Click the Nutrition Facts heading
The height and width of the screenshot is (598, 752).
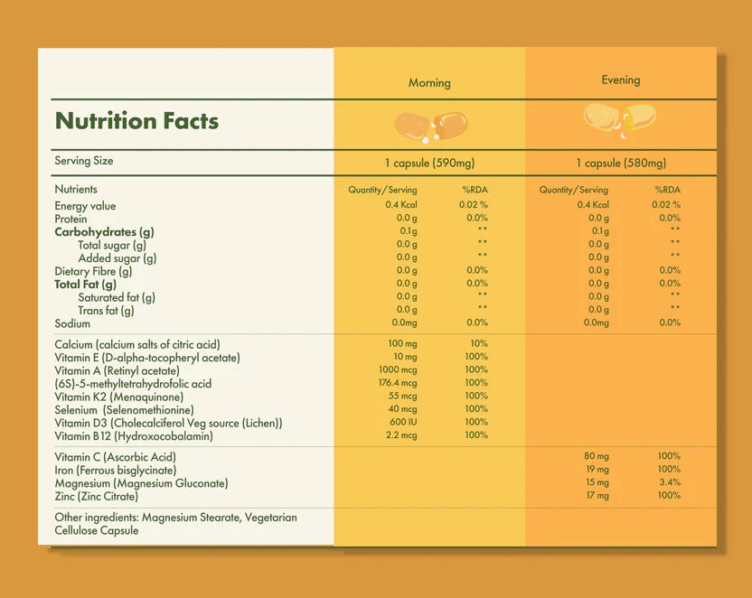pos(136,121)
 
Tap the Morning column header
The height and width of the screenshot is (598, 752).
pos(429,83)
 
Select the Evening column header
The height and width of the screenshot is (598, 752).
pos(621,80)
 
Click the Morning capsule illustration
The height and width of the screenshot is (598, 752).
pos(430,126)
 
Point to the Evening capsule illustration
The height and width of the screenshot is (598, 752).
pos(620,117)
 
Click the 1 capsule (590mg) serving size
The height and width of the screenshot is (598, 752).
pos(429,164)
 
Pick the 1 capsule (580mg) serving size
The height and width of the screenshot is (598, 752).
pos(621,164)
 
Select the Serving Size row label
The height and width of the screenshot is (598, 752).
pos(84,161)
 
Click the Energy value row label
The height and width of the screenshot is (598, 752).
pos(85,206)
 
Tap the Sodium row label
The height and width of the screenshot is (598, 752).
pos(72,323)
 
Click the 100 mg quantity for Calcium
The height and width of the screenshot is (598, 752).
pos(402,344)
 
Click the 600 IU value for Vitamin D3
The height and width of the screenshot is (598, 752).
pos(402,422)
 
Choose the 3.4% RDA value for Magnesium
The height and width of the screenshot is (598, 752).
pos(669,482)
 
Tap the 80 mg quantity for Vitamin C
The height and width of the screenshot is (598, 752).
pos(597,456)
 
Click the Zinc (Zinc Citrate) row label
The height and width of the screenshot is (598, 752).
pos(97,497)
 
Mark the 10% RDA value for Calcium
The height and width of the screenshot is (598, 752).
pos(478,344)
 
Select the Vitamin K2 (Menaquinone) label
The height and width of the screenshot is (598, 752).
pos(118,397)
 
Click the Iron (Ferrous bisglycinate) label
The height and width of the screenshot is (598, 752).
pos(115,471)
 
